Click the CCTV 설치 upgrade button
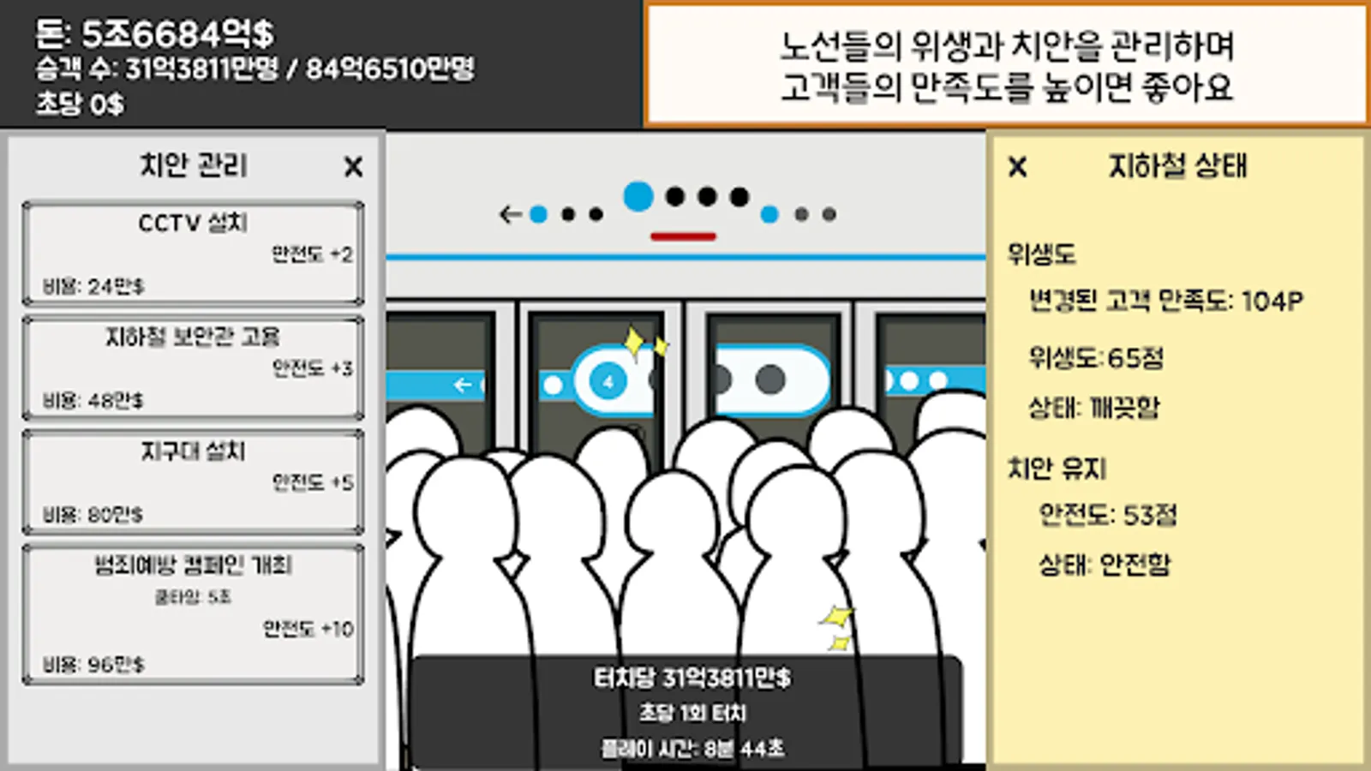(193, 253)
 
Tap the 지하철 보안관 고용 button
(193, 368)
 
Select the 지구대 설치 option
(193, 481)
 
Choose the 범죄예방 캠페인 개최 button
(193, 613)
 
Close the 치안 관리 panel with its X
(353, 166)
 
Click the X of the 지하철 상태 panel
(1017, 166)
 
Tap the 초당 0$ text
(80, 105)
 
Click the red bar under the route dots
(683, 236)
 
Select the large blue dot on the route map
(638, 196)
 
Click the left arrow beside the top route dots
(510, 214)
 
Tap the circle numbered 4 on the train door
(608, 381)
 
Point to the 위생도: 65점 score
(1096, 357)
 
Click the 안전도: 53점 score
(1107, 514)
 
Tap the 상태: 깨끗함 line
(1093, 408)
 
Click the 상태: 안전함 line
(1104, 564)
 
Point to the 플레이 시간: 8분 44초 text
(692, 749)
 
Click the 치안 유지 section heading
(1057, 469)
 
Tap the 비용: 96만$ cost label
(93, 664)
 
